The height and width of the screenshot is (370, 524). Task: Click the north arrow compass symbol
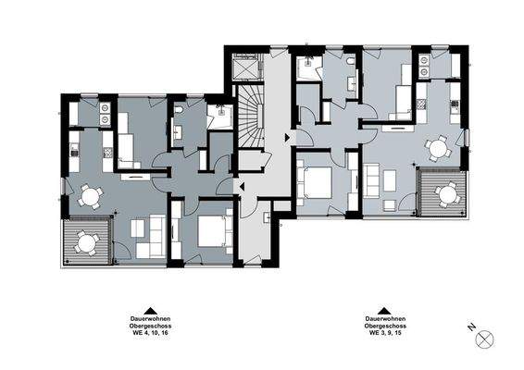coord(485,339)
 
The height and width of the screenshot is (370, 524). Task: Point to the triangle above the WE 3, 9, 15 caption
coord(381,313)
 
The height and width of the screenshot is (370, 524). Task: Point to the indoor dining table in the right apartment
coord(437,146)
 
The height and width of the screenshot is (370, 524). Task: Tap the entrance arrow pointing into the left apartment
coord(241,188)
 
